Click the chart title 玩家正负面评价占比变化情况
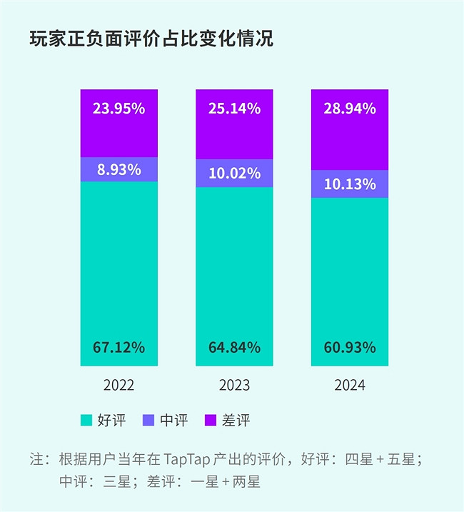click(151, 39)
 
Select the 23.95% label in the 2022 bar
click(119, 109)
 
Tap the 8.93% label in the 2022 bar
click(119, 170)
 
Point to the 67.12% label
click(119, 348)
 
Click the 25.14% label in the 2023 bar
click(234, 109)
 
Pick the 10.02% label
click(234, 174)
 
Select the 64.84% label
click(234, 348)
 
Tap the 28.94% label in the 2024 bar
click(350, 109)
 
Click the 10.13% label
click(350, 184)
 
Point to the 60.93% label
click(350, 348)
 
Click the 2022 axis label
click(119, 386)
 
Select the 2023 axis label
click(234, 386)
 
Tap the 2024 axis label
click(350, 386)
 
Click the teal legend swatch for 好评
click(86, 421)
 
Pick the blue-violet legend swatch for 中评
click(148, 421)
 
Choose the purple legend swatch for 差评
click(211, 421)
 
